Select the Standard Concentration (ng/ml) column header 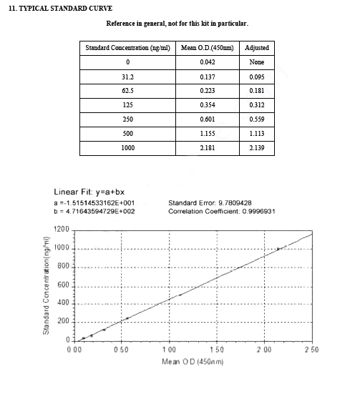tap(127, 48)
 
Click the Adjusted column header tap(256, 48)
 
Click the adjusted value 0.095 tap(256, 77)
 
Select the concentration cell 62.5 tap(127, 91)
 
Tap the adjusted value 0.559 tap(256, 119)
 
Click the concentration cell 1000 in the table tap(127, 148)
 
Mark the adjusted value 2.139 tap(256, 148)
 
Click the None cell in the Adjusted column tap(256, 62)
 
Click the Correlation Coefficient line tap(221, 211)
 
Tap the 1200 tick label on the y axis tap(61, 230)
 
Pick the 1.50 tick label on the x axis tap(216, 349)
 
